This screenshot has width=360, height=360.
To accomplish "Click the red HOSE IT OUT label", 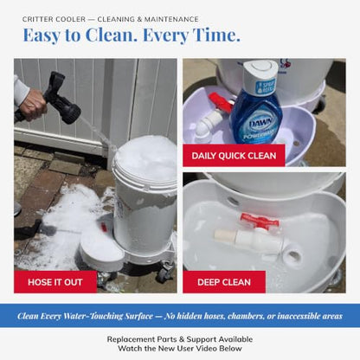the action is point(55,282).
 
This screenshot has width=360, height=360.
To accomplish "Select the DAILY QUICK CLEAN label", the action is point(234,156).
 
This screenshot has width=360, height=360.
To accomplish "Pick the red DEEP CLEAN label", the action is point(224,282).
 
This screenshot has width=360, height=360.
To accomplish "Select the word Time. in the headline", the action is point(216,35).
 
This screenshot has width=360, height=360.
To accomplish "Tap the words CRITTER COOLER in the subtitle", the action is point(54,19).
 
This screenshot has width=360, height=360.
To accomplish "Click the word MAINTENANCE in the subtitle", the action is point(171,19).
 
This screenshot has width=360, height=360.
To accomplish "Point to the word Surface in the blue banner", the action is point(138,316).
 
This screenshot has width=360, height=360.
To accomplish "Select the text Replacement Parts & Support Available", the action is point(180,339).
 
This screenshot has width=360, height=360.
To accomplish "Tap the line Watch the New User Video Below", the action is point(180,349).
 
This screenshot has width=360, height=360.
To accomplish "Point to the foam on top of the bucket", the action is point(145,157).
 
